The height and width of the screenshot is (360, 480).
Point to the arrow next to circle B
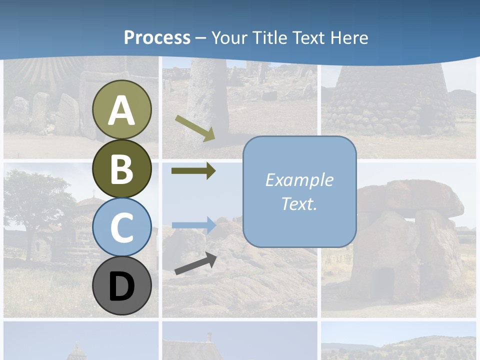coord(193,171)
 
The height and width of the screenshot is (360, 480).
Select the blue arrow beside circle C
coord(194,225)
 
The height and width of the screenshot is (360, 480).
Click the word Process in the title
coord(157,37)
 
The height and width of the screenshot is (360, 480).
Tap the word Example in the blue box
coord(299,180)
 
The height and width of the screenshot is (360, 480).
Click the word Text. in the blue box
coord(299,203)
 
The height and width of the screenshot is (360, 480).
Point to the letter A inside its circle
coord(122,110)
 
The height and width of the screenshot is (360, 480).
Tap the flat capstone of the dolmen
coord(410,197)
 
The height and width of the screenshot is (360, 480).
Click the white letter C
coord(122,228)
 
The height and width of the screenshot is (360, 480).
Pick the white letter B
coord(122,169)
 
